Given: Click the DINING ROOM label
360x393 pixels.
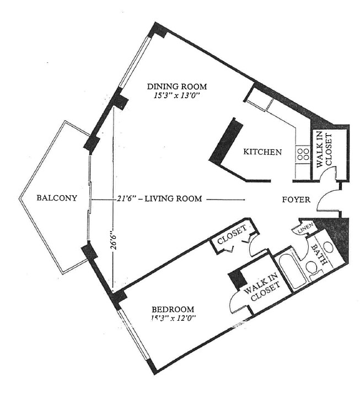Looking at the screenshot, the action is click(x=176, y=86).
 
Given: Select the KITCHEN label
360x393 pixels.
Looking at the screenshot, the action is click(x=262, y=152).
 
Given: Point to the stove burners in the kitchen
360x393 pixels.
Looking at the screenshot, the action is click(x=303, y=153).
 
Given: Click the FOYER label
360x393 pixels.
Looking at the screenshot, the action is click(x=296, y=200).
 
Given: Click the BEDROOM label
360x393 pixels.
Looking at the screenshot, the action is click(x=174, y=309).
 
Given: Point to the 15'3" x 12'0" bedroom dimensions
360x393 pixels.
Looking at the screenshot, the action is click(x=174, y=318).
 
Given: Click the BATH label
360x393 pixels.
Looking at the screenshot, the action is click(x=320, y=254).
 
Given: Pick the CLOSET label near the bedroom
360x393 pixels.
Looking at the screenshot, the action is click(x=233, y=239).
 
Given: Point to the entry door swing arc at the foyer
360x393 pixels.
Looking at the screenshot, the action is click(x=323, y=198).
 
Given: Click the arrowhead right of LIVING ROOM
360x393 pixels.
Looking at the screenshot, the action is click(x=242, y=201).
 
